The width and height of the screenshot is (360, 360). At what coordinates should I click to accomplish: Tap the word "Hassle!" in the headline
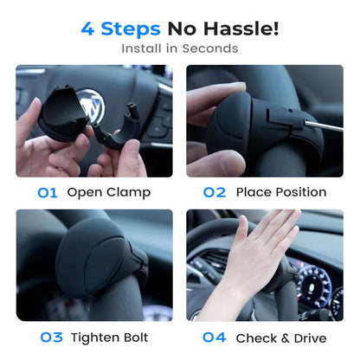(240, 29)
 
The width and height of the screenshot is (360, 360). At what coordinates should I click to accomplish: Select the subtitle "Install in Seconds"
(179, 48)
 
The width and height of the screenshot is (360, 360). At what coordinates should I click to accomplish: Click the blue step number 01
(48, 192)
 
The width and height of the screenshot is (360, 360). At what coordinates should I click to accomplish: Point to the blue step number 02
(214, 192)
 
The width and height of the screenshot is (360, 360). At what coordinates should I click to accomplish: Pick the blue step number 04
(215, 337)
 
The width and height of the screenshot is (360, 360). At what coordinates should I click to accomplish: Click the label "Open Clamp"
(108, 192)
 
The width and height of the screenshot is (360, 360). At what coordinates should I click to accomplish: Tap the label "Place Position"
(280, 192)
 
